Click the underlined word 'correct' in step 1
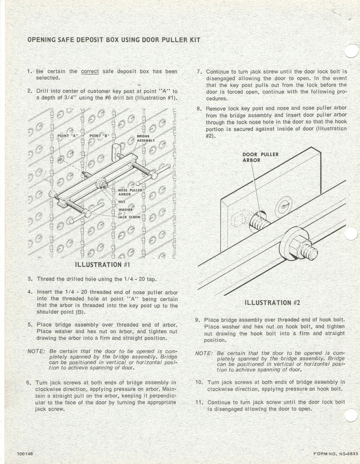coord(90,71)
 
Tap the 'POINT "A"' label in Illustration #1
coord(67,136)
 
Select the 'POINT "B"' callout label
coord(99,136)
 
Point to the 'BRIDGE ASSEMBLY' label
coord(145,138)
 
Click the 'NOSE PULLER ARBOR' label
coord(130,192)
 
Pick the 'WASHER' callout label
coord(126,210)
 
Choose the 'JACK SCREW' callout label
coord(129,217)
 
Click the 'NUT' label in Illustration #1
coord(122,202)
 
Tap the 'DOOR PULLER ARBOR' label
coord(260,157)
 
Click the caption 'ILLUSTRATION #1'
coord(102,265)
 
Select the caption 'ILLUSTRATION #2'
coord(272,303)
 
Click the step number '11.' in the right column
coord(200,402)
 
